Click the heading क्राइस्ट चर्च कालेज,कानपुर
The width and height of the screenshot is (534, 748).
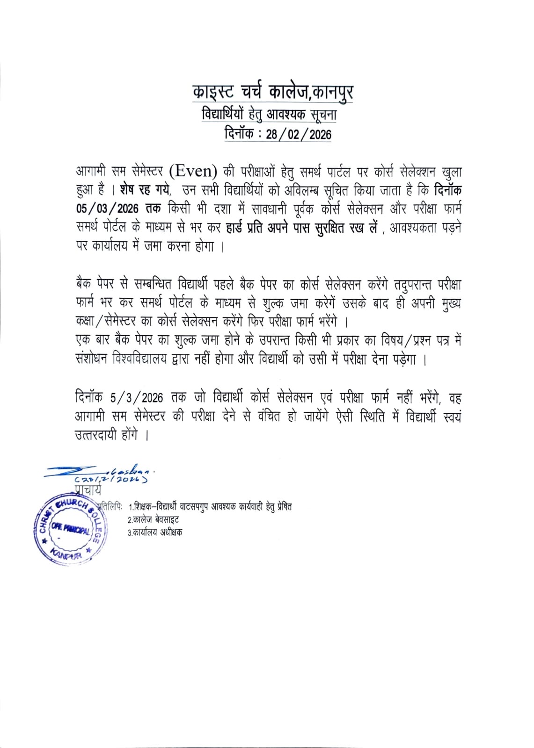(x=273, y=93)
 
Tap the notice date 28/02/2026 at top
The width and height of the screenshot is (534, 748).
(x=299, y=135)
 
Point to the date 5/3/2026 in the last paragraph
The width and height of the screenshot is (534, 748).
(x=137, y=398)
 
